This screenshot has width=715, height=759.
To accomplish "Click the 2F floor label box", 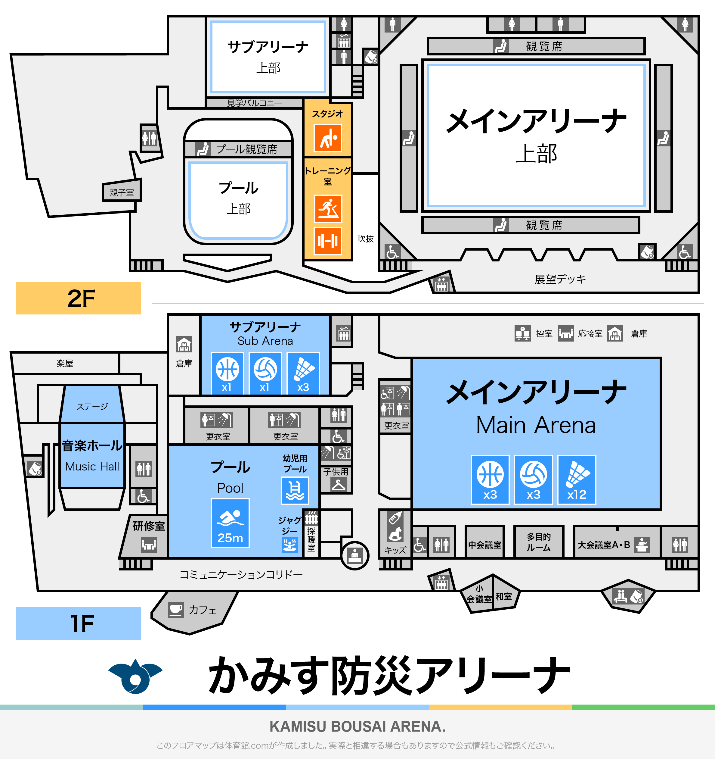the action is (x=78, y=298).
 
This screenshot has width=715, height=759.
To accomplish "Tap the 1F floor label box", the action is (x=78, y=623).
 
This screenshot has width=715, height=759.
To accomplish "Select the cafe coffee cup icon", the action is (x=176, y=610).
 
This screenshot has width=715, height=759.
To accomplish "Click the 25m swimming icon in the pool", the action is (x=230, y=523).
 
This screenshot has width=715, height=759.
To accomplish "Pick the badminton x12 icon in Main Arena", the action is (x=577, y=479).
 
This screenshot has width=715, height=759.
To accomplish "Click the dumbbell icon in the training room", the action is (x=328, y=241).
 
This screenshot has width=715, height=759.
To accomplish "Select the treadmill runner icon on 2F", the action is (x=328, y=208).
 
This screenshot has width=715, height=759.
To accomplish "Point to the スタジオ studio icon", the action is (x=328, y=138).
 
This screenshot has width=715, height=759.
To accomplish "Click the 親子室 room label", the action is (x=122, y=192).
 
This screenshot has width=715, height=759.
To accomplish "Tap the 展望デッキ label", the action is (x=560, y=279).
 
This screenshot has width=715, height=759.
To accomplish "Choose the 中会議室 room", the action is (x=484, y=545).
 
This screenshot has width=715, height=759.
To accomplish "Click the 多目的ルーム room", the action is (x=538, y=542).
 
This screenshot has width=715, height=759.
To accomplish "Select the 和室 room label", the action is (x=504, y=596).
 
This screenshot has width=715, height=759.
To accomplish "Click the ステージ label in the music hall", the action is (x=92, y=406).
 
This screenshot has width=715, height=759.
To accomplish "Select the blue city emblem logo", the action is (x=135, y=676).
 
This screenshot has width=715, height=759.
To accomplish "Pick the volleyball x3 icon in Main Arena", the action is (x=533, y=479).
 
